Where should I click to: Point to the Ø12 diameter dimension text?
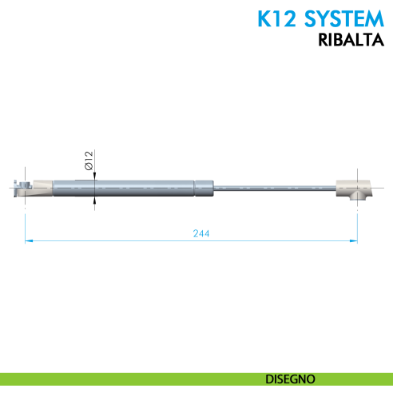click(89, 160)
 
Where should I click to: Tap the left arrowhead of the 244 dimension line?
click(28, 240)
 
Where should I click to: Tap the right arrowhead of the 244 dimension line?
click(354, 240)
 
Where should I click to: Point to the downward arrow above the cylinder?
click(95, 177)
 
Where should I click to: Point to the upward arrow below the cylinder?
click(95, 199)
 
